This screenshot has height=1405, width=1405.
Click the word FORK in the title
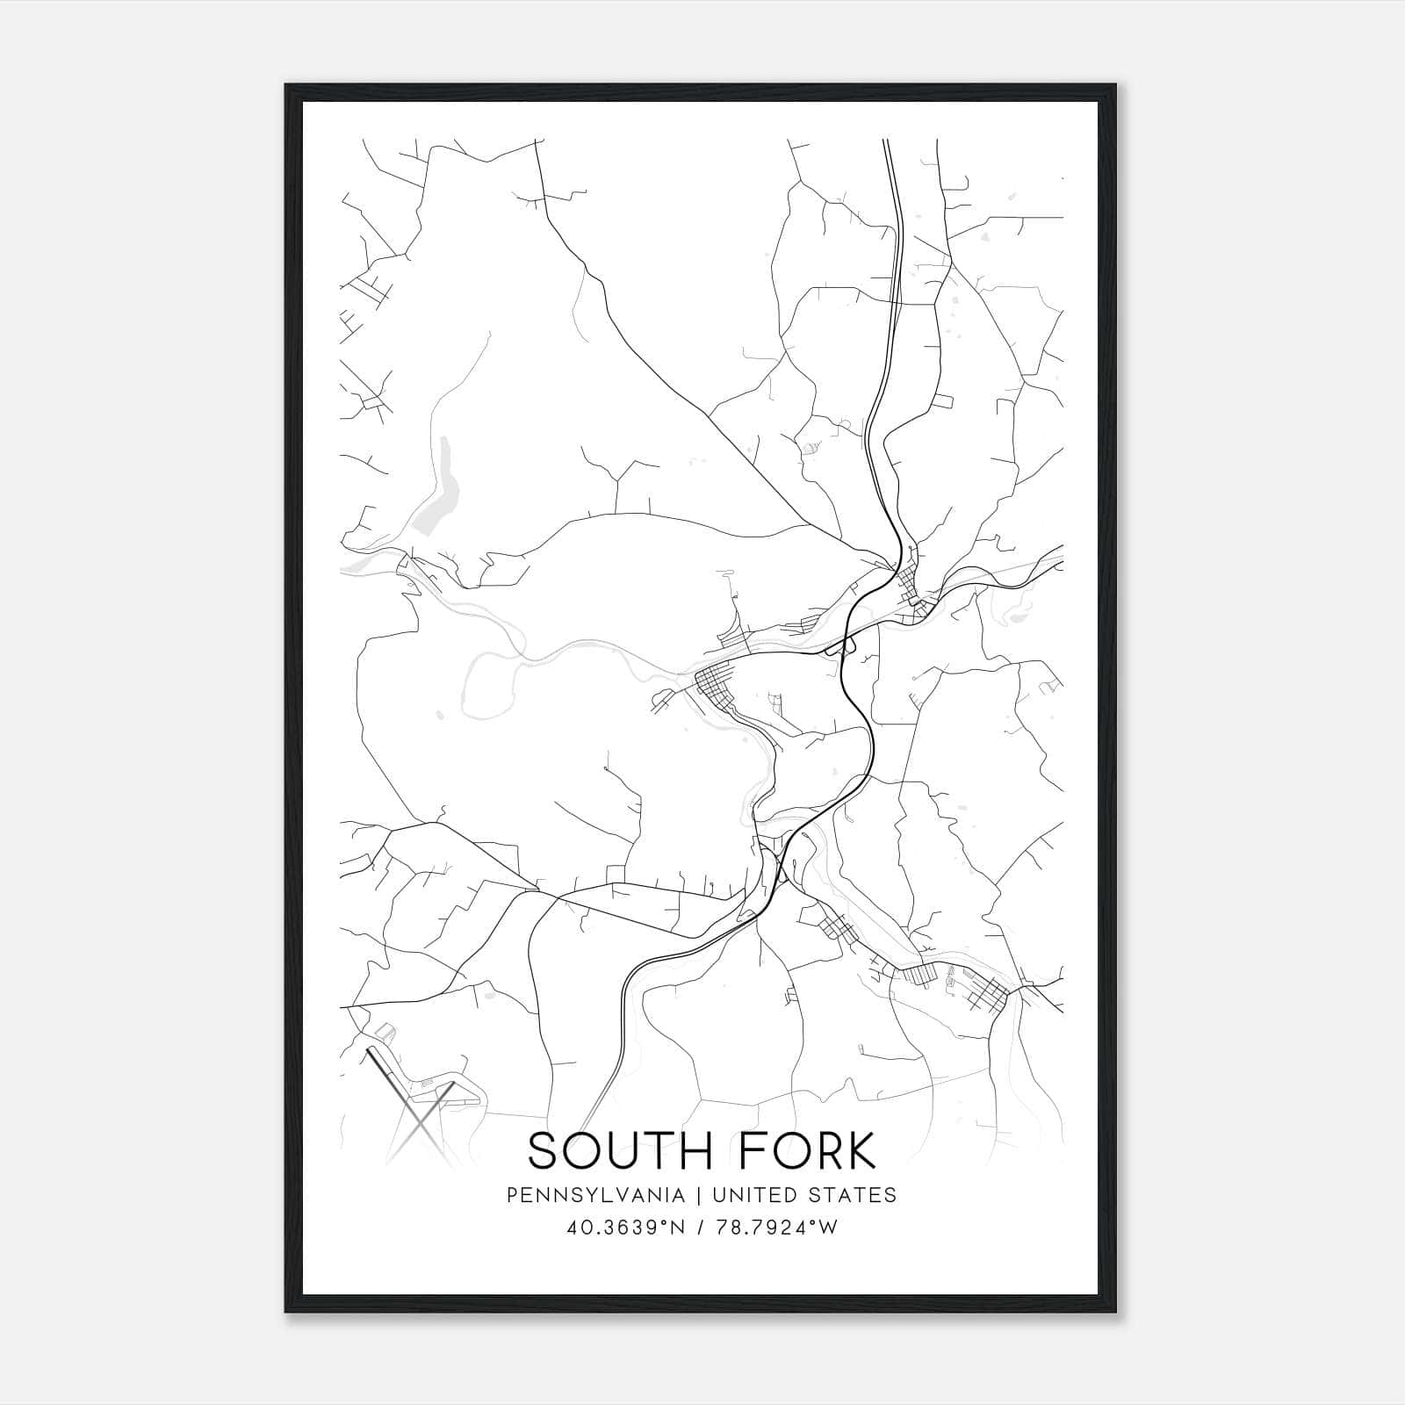[x=812, y=1151]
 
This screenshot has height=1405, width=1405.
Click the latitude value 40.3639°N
[x=628, y=1228]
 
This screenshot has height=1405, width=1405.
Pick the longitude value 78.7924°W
[x=778, y=1228]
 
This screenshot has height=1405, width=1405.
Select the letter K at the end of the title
[x=861, y=1151]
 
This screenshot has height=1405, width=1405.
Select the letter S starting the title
[x=544, y=1151]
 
